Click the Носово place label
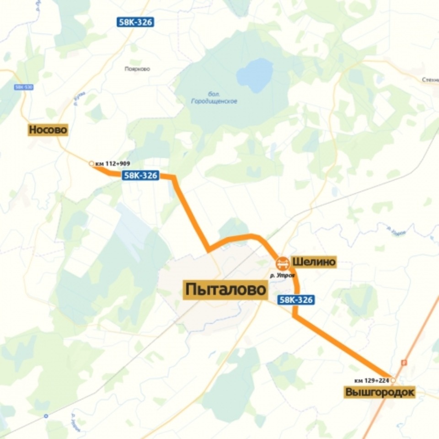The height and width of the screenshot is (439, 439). click(48, 130)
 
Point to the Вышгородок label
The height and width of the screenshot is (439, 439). click(380, 392)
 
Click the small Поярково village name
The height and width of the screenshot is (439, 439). click(137, 69)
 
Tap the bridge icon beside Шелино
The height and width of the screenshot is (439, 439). click(282, 263)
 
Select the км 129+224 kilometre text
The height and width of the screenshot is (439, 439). click(371, 380)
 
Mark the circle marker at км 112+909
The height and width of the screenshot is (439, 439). click(91, 163)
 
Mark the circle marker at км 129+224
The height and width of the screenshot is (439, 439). click(393, 380)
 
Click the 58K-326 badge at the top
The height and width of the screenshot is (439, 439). click(134, 21)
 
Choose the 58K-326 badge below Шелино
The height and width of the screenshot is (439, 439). click(296, 300)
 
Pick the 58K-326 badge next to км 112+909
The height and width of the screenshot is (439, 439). click(140, 175)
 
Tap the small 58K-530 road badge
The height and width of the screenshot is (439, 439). click(21, 87)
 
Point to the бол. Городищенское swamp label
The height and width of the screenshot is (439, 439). click(214, 98)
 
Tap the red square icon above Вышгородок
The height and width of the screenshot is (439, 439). click(404, 363)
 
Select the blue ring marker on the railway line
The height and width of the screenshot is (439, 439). click(46, 416)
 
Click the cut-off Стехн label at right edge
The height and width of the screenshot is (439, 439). click(430, 80)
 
